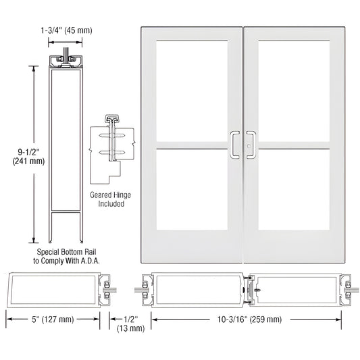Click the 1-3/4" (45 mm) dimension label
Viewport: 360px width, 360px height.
click(66, 29)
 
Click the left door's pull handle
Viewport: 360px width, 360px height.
click(234, 144)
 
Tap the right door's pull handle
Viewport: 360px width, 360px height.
click(253, 144)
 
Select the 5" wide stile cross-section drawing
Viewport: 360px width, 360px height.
click(54, 289)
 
